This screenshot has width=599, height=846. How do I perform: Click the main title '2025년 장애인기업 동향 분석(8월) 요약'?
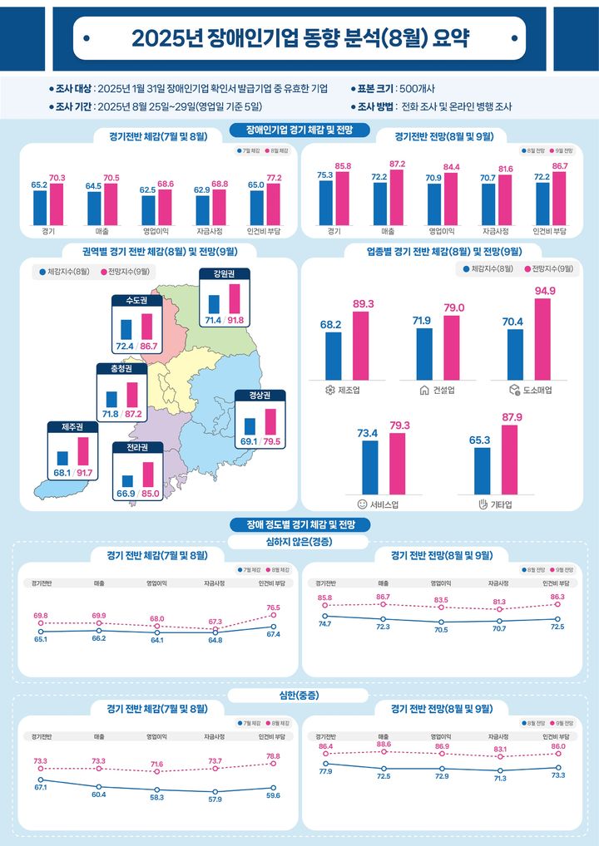(x=299, y=39)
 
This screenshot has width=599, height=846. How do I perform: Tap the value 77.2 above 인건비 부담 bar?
(x=274, y=178)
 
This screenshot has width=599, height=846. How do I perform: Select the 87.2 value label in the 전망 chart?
(x=397, y=165)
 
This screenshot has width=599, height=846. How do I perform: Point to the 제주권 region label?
(x=72, y=427)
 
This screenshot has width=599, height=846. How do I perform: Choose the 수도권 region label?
(x=136, y=301)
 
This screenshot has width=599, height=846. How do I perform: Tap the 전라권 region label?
(x=137, y=448)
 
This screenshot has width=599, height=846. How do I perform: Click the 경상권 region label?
(x=260, y=395)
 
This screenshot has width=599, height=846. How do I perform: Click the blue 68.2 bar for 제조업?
(x=333, y=355)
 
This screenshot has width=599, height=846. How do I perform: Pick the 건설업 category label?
(x=438, y=390)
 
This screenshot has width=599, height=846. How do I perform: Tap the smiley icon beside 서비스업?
(x=362, y=504)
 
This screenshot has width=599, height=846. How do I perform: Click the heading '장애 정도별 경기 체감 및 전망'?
(x=300, y=524)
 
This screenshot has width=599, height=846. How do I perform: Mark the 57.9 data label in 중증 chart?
(x=215, y=799)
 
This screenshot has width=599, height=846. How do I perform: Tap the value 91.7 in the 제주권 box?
(x=83, y=473)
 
